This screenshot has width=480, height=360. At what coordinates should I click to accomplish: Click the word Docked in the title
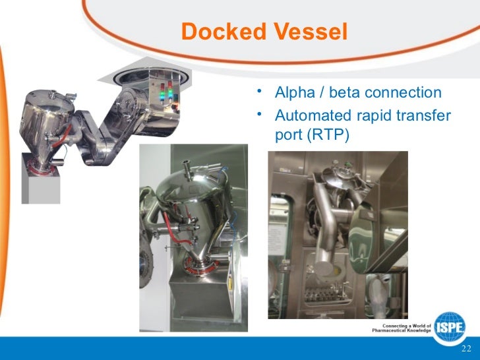220,32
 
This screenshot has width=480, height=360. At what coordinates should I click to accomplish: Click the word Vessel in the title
306,32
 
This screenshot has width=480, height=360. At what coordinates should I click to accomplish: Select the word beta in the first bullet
347,92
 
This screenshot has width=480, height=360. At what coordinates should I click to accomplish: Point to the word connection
405,92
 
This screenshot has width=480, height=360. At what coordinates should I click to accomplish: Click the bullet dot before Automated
261,114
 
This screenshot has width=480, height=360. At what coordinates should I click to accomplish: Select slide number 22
465,349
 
